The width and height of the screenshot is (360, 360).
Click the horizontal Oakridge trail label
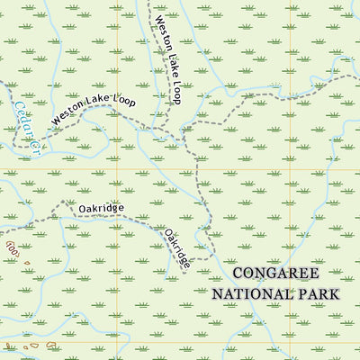click(x=101, y=208)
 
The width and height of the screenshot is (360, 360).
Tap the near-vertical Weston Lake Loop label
click(x=167, y=59)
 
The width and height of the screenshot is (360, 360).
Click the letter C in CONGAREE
click(x=236, y=274)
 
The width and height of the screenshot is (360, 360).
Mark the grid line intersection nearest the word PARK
click(x=291, y=342)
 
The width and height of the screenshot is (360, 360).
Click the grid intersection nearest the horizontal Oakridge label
click(x=117, y=168)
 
